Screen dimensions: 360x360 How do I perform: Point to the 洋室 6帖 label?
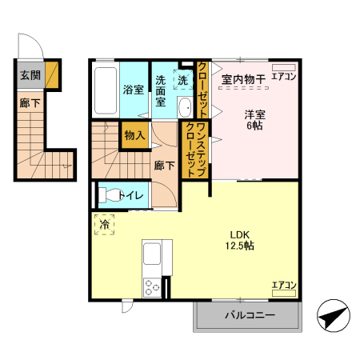255,120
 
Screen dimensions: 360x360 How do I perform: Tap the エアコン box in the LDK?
283,285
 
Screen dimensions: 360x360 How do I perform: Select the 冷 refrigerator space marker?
103,226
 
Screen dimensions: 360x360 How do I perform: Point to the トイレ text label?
130,194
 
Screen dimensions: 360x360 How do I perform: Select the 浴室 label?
134,90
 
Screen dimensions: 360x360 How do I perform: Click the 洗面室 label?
161,90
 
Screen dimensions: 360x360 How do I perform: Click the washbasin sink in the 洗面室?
184,108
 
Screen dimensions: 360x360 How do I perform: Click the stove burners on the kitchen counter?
150,286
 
